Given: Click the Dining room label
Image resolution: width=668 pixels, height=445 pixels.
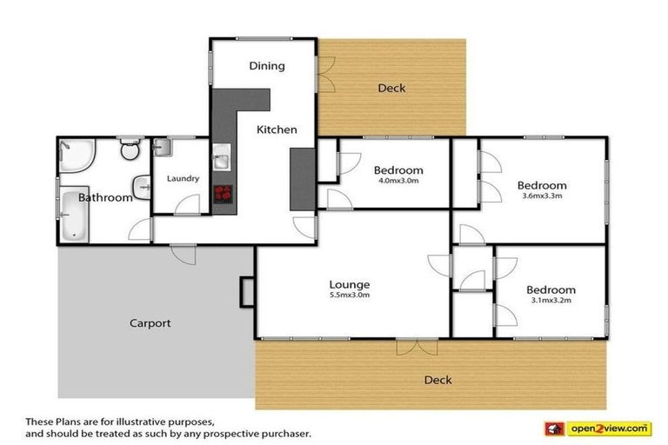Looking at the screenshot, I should pyautogui.click(x=267, y=66).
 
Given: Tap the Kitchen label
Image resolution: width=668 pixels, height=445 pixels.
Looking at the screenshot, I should pyautogui.click(x=277, y=130).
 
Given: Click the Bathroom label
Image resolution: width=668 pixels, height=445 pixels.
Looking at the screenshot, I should pyautogui.click(x=105, y=197).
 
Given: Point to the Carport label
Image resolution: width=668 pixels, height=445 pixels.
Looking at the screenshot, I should pyautogui.click(x=150, y=323).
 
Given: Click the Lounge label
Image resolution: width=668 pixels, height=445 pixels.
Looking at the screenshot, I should pyautogui.click(x=350, y=284).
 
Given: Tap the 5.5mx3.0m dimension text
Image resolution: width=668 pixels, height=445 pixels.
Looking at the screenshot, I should pyautogui.click(x=350, y=295).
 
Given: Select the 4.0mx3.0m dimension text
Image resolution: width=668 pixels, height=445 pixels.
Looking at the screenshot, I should pyautogui.click(x=397, y=181).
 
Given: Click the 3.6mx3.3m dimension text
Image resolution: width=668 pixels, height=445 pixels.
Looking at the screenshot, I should pyautogui.click(x=542, y=196).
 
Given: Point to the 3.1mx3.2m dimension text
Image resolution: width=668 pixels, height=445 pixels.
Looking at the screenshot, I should pyautogui.click(x=551, y=301).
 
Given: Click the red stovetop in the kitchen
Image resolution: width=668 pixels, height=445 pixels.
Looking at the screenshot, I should pyautogui.click(x=223, y=193).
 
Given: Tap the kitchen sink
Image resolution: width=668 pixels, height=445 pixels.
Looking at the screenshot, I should pyautogui.click(x=221, y=161).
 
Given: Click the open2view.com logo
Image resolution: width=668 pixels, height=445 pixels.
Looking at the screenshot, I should pyautogui.click(x=608, y=428).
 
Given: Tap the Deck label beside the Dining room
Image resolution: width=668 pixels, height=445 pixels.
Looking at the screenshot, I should pyautogui.click(x=391, y=88).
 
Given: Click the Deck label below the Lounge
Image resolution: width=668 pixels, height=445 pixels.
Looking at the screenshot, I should pyautogui.click(x=438, y=380).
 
